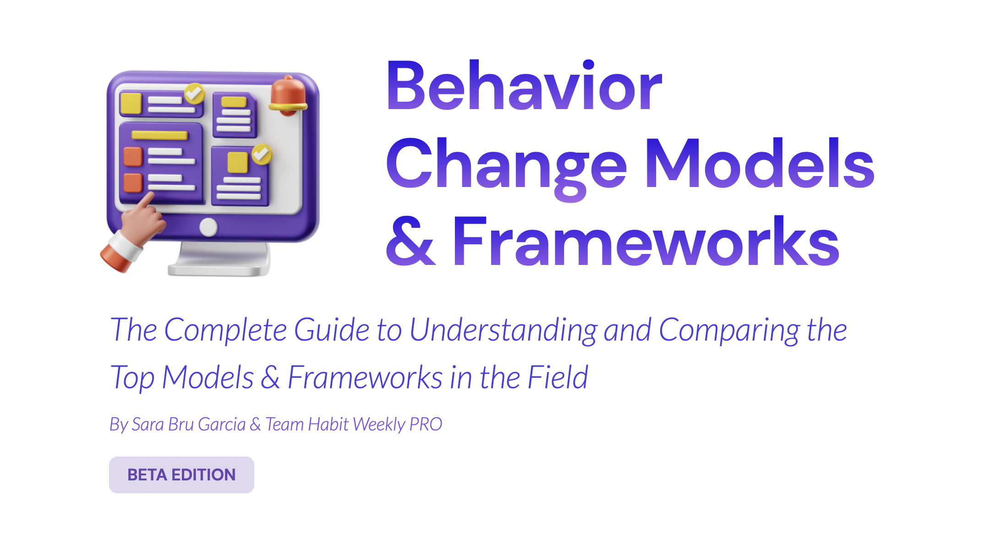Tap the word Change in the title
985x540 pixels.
pyautogui.click(x=506, y=165)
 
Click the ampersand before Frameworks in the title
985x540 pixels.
pyautogui.click(x=410, y=242)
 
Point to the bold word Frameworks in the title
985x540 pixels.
pyautogui.click(x=646, y=242)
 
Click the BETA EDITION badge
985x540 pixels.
pyautogui.click(x=181, y=475)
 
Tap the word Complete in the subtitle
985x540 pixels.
pyautogui.click(x=225, y=330)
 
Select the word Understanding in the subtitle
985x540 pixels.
pyautogui.click(x=503, y=330)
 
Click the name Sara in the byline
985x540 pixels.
pyautogui.click(x=148, y=424)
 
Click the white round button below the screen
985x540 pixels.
pyautogui.click(x=209, y=227)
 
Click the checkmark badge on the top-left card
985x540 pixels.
pyautogui.click(x=195, y=93)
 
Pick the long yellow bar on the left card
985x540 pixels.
pyautogui.click(x=159, y=135)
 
